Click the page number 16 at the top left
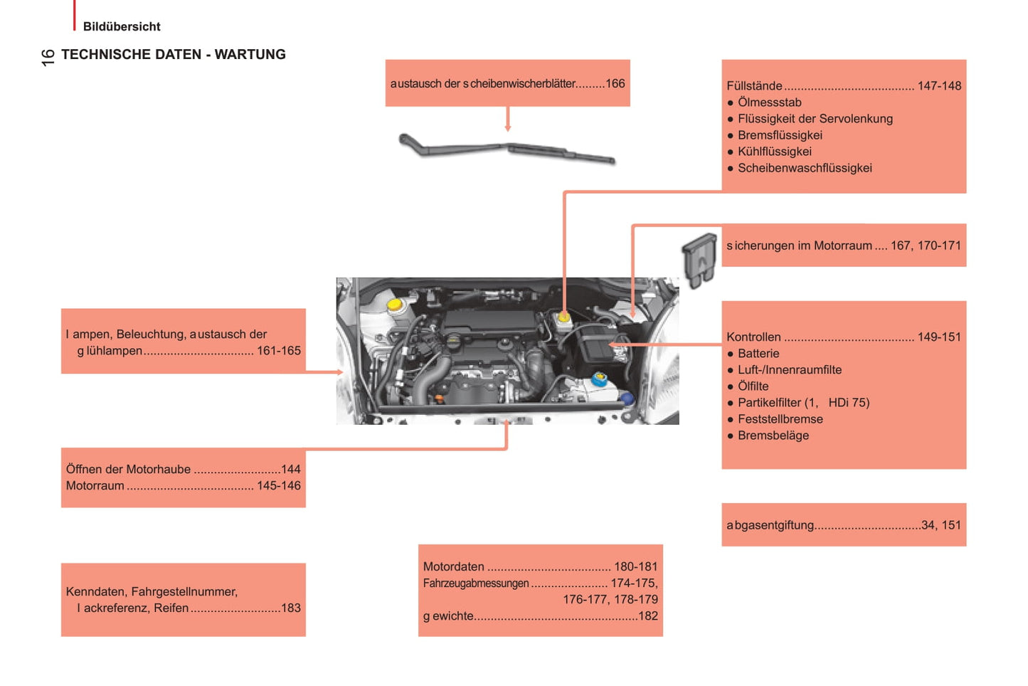click(47, 57)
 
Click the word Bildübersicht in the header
click(122, 26)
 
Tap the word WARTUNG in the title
click(250, 54)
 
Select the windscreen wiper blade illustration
click(507, 149)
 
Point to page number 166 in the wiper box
click(615, 83)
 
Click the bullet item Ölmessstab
click(769, 102)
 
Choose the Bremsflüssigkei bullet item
click(780, 135)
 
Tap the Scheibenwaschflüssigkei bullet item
click(805, 168)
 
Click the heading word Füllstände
click(754, 85)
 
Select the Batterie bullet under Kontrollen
click(758, 354)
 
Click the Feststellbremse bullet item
click(780, 419)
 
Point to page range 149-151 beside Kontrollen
click(939, 337)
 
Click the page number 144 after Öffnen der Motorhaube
click(291, 469)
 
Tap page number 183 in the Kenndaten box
click(291, 608)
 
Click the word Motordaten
click(453, 566)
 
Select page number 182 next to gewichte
click(648, 616)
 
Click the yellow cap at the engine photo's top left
click(393, 305)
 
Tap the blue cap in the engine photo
click(627, 399)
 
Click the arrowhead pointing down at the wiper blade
click(508, 127)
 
